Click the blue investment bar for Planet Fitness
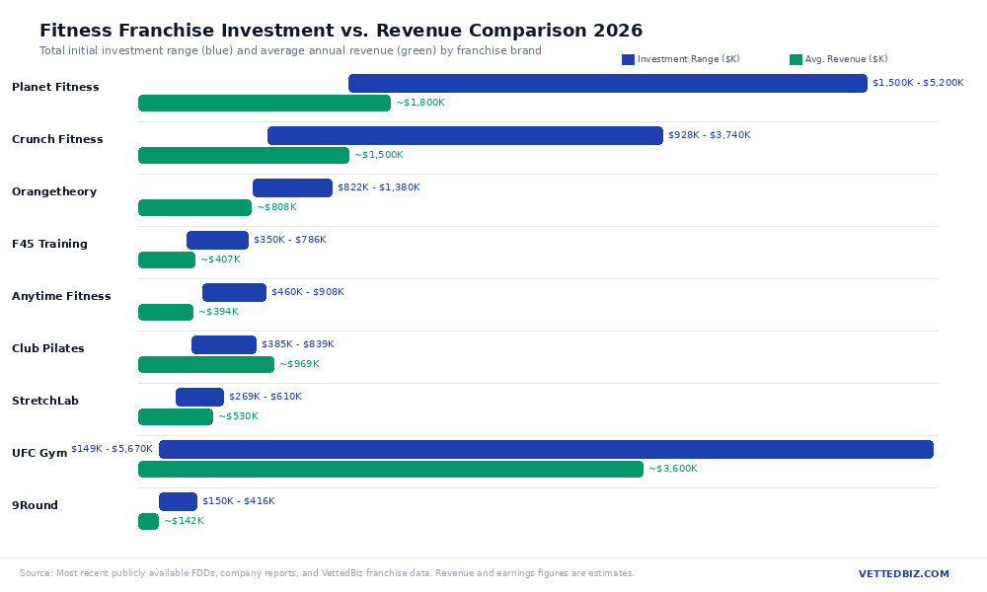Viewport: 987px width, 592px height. (x=607, y=84)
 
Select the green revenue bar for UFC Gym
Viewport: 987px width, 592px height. (x=390, y=470)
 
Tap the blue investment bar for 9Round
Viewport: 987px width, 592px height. (x=178, y=501)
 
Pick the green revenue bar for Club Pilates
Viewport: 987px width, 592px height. (x=205, y=365)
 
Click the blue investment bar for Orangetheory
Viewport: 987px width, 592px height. (x=292, y=188)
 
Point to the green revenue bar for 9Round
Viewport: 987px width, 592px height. (x=148, y=522)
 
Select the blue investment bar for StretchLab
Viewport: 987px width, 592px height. (x=199, y=398)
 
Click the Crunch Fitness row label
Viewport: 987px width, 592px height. (x=57, y=140)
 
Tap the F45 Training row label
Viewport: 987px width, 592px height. (x=49, y=245)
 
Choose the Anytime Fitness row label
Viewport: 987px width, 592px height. (x=61, y=297)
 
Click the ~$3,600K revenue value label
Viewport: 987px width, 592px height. (x=672, y=470)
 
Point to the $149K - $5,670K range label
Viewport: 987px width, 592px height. (x=112, y=449)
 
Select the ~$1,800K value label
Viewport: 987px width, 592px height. (x=419, y=103)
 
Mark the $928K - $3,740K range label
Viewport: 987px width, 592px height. (x=709, y=135)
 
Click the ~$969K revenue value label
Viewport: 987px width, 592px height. (x=299, y=365)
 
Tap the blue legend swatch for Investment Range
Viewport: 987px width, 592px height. (x=628, y=60)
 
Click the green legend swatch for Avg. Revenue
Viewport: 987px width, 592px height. (x=796, y=60)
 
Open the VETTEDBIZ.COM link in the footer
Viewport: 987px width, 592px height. (x=903, y=574)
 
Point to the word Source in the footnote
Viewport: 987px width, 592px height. (x=36, y=573)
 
